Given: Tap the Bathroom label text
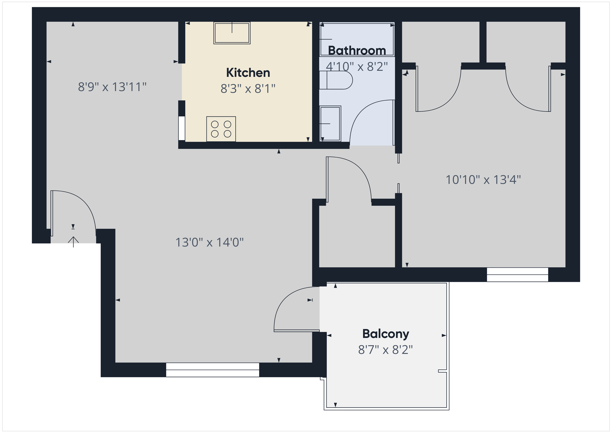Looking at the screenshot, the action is [357, 50].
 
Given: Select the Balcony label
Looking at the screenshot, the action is [386, 334].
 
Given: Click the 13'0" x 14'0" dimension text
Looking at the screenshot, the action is [210, 242].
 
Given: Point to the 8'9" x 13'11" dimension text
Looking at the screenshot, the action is [112, 87].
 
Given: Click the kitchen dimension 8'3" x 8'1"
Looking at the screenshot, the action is [248, 88].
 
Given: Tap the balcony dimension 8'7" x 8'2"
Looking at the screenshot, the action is [385, 350].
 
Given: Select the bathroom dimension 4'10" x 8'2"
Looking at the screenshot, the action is [357, 66].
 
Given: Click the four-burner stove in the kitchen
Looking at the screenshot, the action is [221, 129].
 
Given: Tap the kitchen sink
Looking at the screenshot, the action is [232, 33].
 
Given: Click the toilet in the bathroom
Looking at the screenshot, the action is [336, 80].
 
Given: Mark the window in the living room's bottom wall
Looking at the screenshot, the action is [212, 370].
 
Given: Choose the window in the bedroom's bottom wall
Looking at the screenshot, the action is [517, 275].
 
